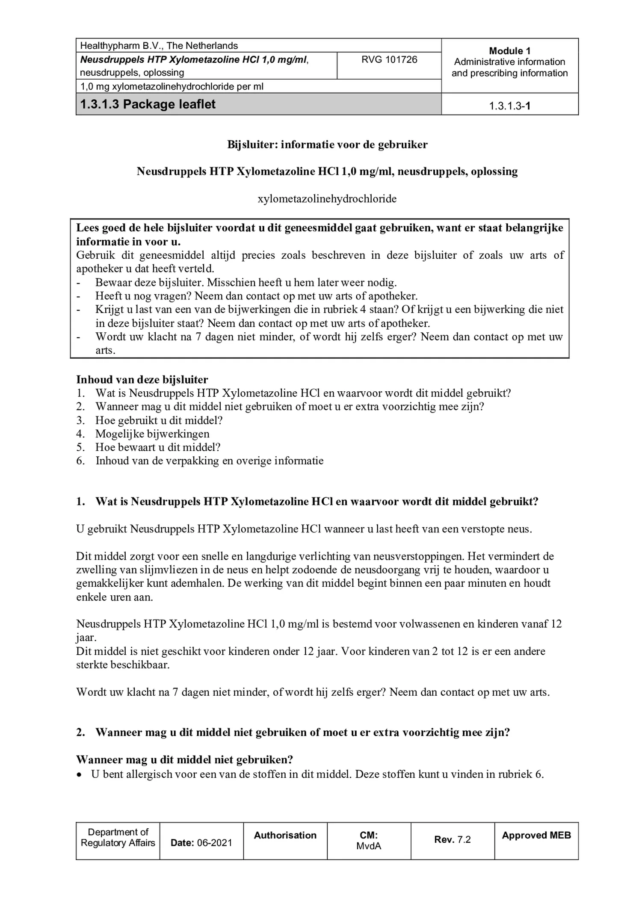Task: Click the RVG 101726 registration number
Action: pos(389,59)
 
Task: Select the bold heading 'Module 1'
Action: pos(509,51)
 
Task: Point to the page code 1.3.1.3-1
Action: pos(509,106)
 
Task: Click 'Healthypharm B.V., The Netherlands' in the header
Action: pos(159,46)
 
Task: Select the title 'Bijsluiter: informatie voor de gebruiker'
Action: pos(327,145)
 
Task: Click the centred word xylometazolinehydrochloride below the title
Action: pos(327,199)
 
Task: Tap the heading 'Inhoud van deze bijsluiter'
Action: pos(142,379)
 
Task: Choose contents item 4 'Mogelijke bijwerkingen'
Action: pos(152,434)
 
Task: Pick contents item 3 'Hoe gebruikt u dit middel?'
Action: pos(159,420)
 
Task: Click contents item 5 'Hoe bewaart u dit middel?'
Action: pos(158,447)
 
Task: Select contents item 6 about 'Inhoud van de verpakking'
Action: pos(209,461)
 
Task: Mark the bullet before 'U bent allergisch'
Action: pos(79,774)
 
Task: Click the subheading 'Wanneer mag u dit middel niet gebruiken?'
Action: pos(184,759)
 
